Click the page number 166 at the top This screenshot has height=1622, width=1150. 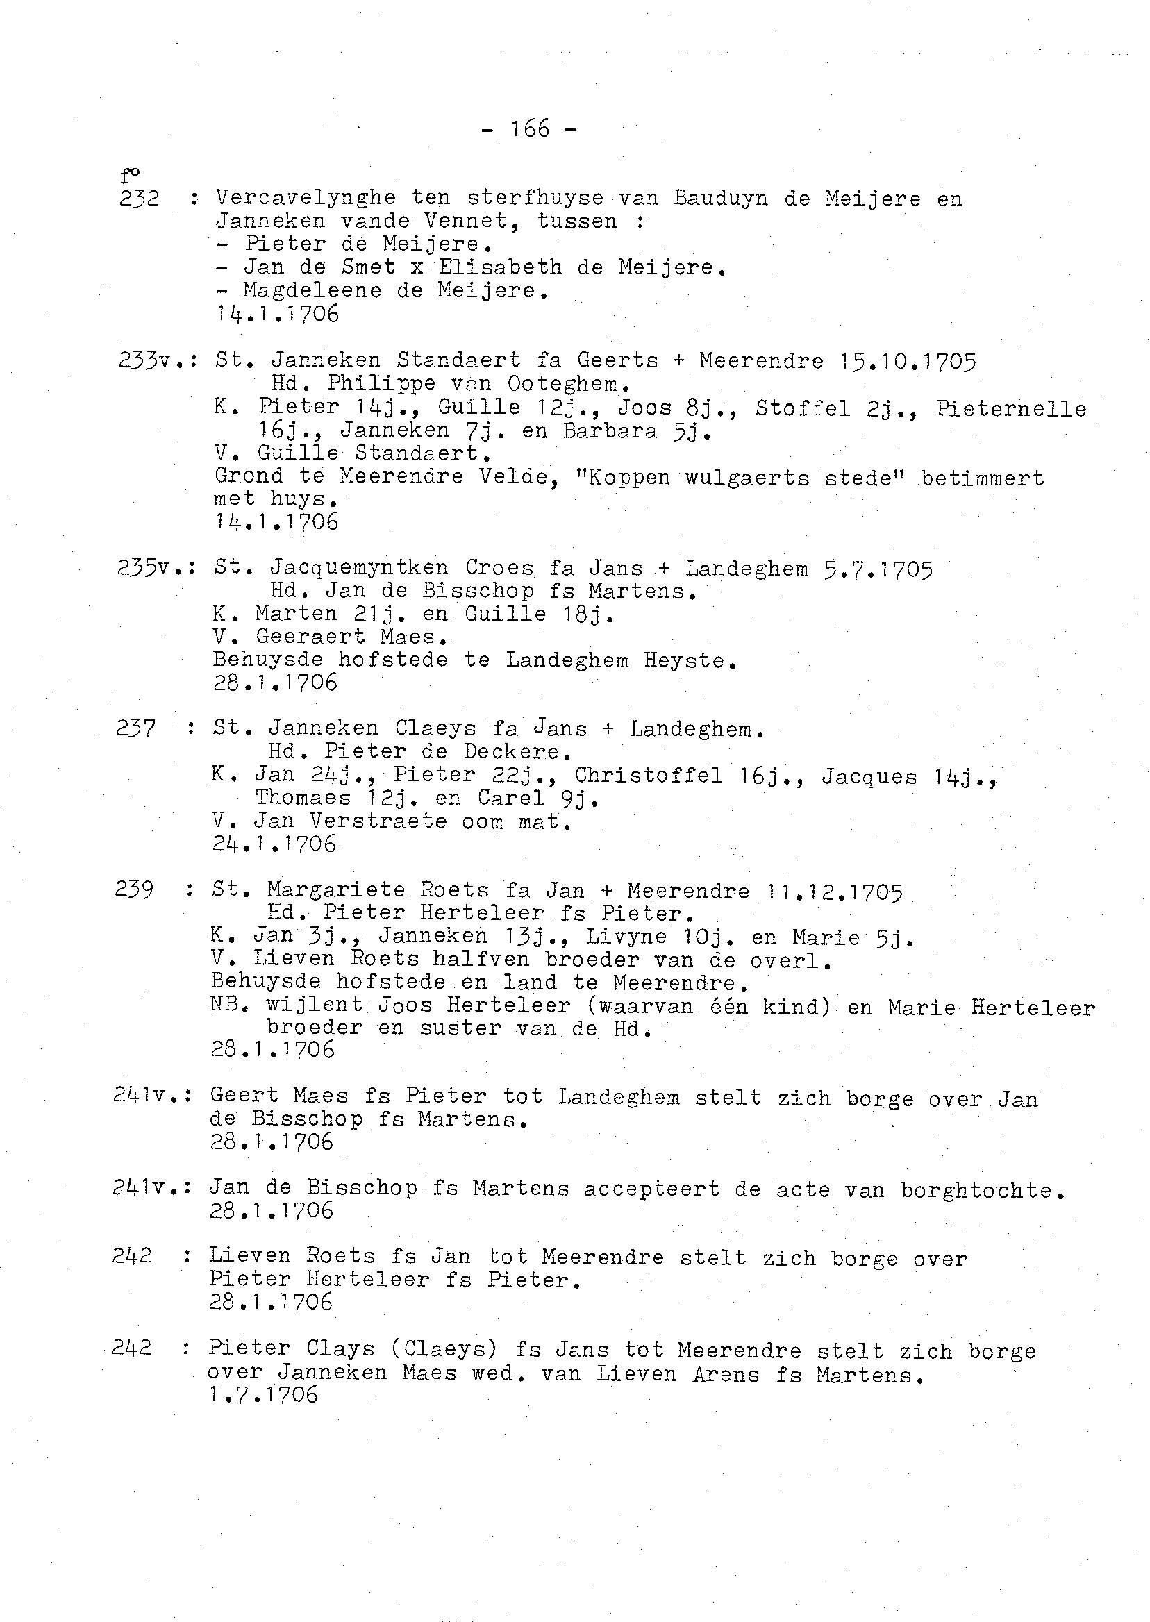point(530,128)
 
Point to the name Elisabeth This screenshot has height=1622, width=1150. point(519,267)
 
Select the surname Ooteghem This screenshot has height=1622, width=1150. point(568,385)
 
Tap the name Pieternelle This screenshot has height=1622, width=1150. point(1011,408)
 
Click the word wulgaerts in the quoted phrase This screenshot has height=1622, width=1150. point(747,478)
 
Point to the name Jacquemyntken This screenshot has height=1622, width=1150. point(358,568)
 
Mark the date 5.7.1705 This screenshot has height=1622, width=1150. point(878,569)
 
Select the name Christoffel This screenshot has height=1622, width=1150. point(648,776)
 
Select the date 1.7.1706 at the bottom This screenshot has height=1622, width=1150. point(262,1395)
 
